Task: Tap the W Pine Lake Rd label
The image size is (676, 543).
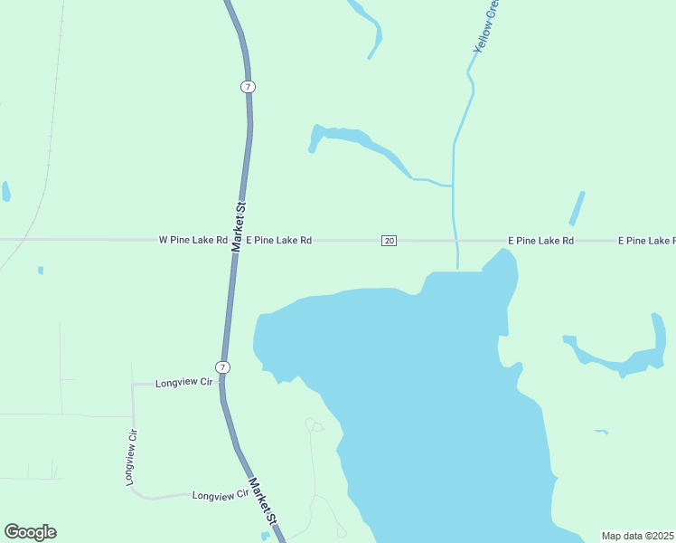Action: pos(192,241)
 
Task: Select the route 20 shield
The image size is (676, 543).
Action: pos(389,241)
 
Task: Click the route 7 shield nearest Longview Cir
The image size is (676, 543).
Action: pos(223,367)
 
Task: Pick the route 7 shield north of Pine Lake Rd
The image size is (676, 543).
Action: pos(248,87)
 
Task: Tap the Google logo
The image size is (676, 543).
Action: pos(30,532)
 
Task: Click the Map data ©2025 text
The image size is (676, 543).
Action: pos(638,536)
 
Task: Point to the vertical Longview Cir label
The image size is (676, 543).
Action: pos(132,458)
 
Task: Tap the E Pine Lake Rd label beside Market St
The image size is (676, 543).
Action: pos(280,241)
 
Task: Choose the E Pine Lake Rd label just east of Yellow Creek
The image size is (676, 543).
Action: pos(540,241)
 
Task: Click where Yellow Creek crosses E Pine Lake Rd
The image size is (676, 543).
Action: pos(455,241)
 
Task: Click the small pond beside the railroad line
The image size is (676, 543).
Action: pos(6,191)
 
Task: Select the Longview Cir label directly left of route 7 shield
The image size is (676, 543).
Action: pos(183,384)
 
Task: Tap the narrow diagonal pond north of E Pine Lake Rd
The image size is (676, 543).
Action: pos(577,208)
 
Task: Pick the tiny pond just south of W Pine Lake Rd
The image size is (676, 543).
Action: pos(41,270)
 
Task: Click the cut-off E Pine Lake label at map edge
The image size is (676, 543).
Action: pos(646,241)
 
